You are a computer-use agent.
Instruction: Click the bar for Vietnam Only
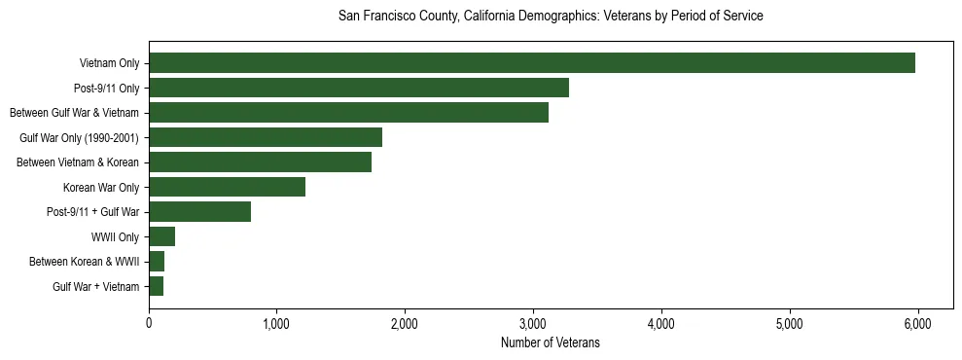[532, 63]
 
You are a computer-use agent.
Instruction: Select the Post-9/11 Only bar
[359, 88]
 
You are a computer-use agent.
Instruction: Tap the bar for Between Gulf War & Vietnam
[348, 113]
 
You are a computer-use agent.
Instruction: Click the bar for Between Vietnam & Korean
[260, 162]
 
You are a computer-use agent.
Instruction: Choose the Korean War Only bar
[227, 187]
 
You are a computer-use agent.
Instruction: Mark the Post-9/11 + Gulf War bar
[199, 212]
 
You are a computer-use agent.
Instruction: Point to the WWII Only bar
[161, 236]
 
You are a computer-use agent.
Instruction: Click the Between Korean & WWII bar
[157, 262]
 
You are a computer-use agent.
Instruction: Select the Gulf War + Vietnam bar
[156, 286]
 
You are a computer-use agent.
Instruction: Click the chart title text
[550, 17]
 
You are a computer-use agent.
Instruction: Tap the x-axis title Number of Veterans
[550, 343]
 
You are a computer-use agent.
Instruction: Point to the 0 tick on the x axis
[149, 324]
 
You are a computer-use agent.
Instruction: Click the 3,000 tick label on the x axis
[533, 324]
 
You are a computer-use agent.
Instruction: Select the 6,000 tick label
[917, 324]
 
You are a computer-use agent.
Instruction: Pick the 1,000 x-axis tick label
[277, 324]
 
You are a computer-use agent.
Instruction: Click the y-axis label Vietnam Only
[109, 64]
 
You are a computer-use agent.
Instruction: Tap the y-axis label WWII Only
[115, 237]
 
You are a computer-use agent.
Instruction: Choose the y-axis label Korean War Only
[101, 188]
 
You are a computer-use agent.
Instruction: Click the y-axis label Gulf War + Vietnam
[95, 287]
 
